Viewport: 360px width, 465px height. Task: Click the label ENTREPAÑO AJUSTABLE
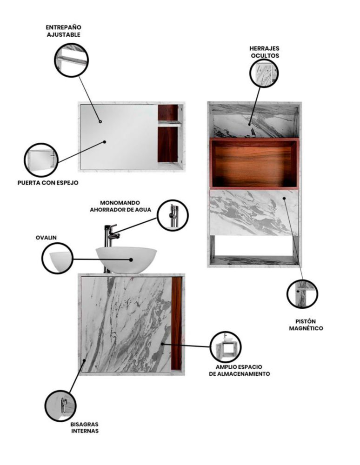click(x=63, y=31)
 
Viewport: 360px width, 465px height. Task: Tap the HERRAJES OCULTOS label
click(x=265, y=52)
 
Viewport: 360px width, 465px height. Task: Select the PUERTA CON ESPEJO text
click(x=48, y=183)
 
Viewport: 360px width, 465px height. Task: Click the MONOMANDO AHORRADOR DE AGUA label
click(x=120, y=206)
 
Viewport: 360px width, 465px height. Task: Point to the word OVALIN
click(x=46, y=238)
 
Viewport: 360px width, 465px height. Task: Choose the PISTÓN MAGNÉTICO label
click(x=306, y=325)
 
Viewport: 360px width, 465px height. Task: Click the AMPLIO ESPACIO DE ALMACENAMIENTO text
click(x=240, y=371)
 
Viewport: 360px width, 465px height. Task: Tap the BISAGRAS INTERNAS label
click(x=85, y=428)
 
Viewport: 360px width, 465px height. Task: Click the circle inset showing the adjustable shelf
click(x=72, y=60)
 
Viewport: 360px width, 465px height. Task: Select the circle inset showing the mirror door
click(x=41, y=160)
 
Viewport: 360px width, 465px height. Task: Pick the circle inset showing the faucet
click(x=173, y=215)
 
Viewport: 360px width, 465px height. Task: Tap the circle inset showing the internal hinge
click(x=60, y=405)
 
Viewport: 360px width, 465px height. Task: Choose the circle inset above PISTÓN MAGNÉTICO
click(x=302, y=294)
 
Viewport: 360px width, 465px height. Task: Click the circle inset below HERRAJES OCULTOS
click(x=265, y=73)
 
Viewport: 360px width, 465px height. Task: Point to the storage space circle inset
click(x=226, y=347)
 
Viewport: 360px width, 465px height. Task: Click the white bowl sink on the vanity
click(x=127, y=259)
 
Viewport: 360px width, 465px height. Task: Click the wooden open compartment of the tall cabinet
click(x=254, y=163)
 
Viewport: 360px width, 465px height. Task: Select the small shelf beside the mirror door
click(x=169, y=124)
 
